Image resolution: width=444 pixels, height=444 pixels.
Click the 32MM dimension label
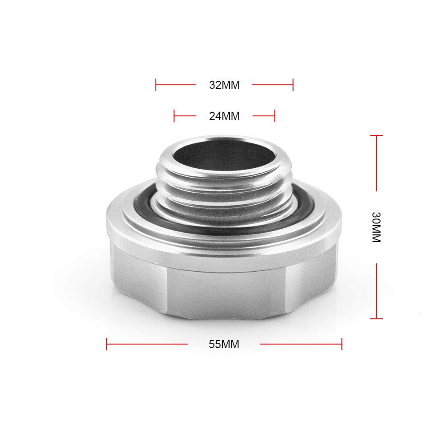(224, 85)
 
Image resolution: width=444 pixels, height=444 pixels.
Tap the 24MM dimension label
(224, 116)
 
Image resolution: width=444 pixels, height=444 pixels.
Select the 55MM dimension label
(224, 344)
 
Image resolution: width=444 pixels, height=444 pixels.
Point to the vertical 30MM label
(376, 227)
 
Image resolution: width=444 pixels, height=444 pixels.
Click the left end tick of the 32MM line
(156, 85)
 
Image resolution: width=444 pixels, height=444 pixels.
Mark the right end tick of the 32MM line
(293, 85)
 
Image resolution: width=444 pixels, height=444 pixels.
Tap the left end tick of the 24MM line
(174, 116)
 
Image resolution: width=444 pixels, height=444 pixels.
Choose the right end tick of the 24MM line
(275, 116)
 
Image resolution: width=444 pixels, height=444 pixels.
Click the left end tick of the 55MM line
(107, 344)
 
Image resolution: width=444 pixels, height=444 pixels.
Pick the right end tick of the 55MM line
(342, 344)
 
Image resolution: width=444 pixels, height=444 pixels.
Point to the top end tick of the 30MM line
(377, 136)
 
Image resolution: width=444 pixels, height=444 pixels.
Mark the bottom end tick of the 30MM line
(377, 318)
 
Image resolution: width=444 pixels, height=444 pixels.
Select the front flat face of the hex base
(224, 289)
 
